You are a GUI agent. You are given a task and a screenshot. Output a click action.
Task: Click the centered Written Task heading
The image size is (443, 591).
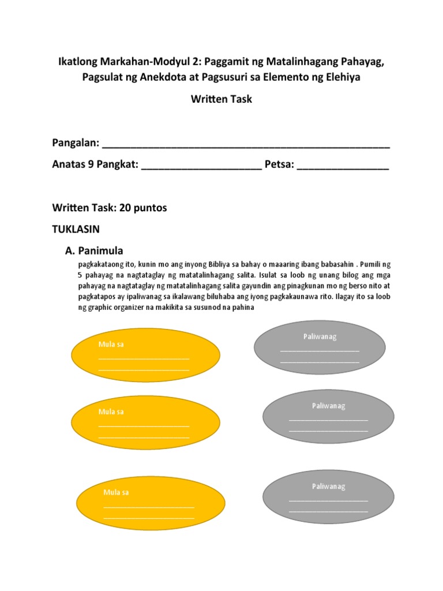pyautogui.click(x=221, y=99)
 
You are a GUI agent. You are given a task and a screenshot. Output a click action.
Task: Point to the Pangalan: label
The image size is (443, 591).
pyautogui.click(x=75, y=143)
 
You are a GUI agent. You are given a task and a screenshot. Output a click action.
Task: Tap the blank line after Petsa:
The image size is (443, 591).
pyautogui.click(x=343, y=167)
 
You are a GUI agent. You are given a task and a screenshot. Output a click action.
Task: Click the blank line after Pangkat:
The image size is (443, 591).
pyautogui.click(x=201, y=167)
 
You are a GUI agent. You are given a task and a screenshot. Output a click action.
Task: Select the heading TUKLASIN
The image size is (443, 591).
pyautogui.click(x=76, y=229)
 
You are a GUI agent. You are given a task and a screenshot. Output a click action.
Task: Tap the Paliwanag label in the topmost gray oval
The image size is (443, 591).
pyautogui.click(x=320, y=336)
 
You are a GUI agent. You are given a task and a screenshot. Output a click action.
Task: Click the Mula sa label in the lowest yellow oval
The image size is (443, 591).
pyautogui.click(x=116, y=492)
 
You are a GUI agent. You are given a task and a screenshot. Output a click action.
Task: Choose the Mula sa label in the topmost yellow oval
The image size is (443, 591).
pyautogui.click(x=111, y=345)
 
